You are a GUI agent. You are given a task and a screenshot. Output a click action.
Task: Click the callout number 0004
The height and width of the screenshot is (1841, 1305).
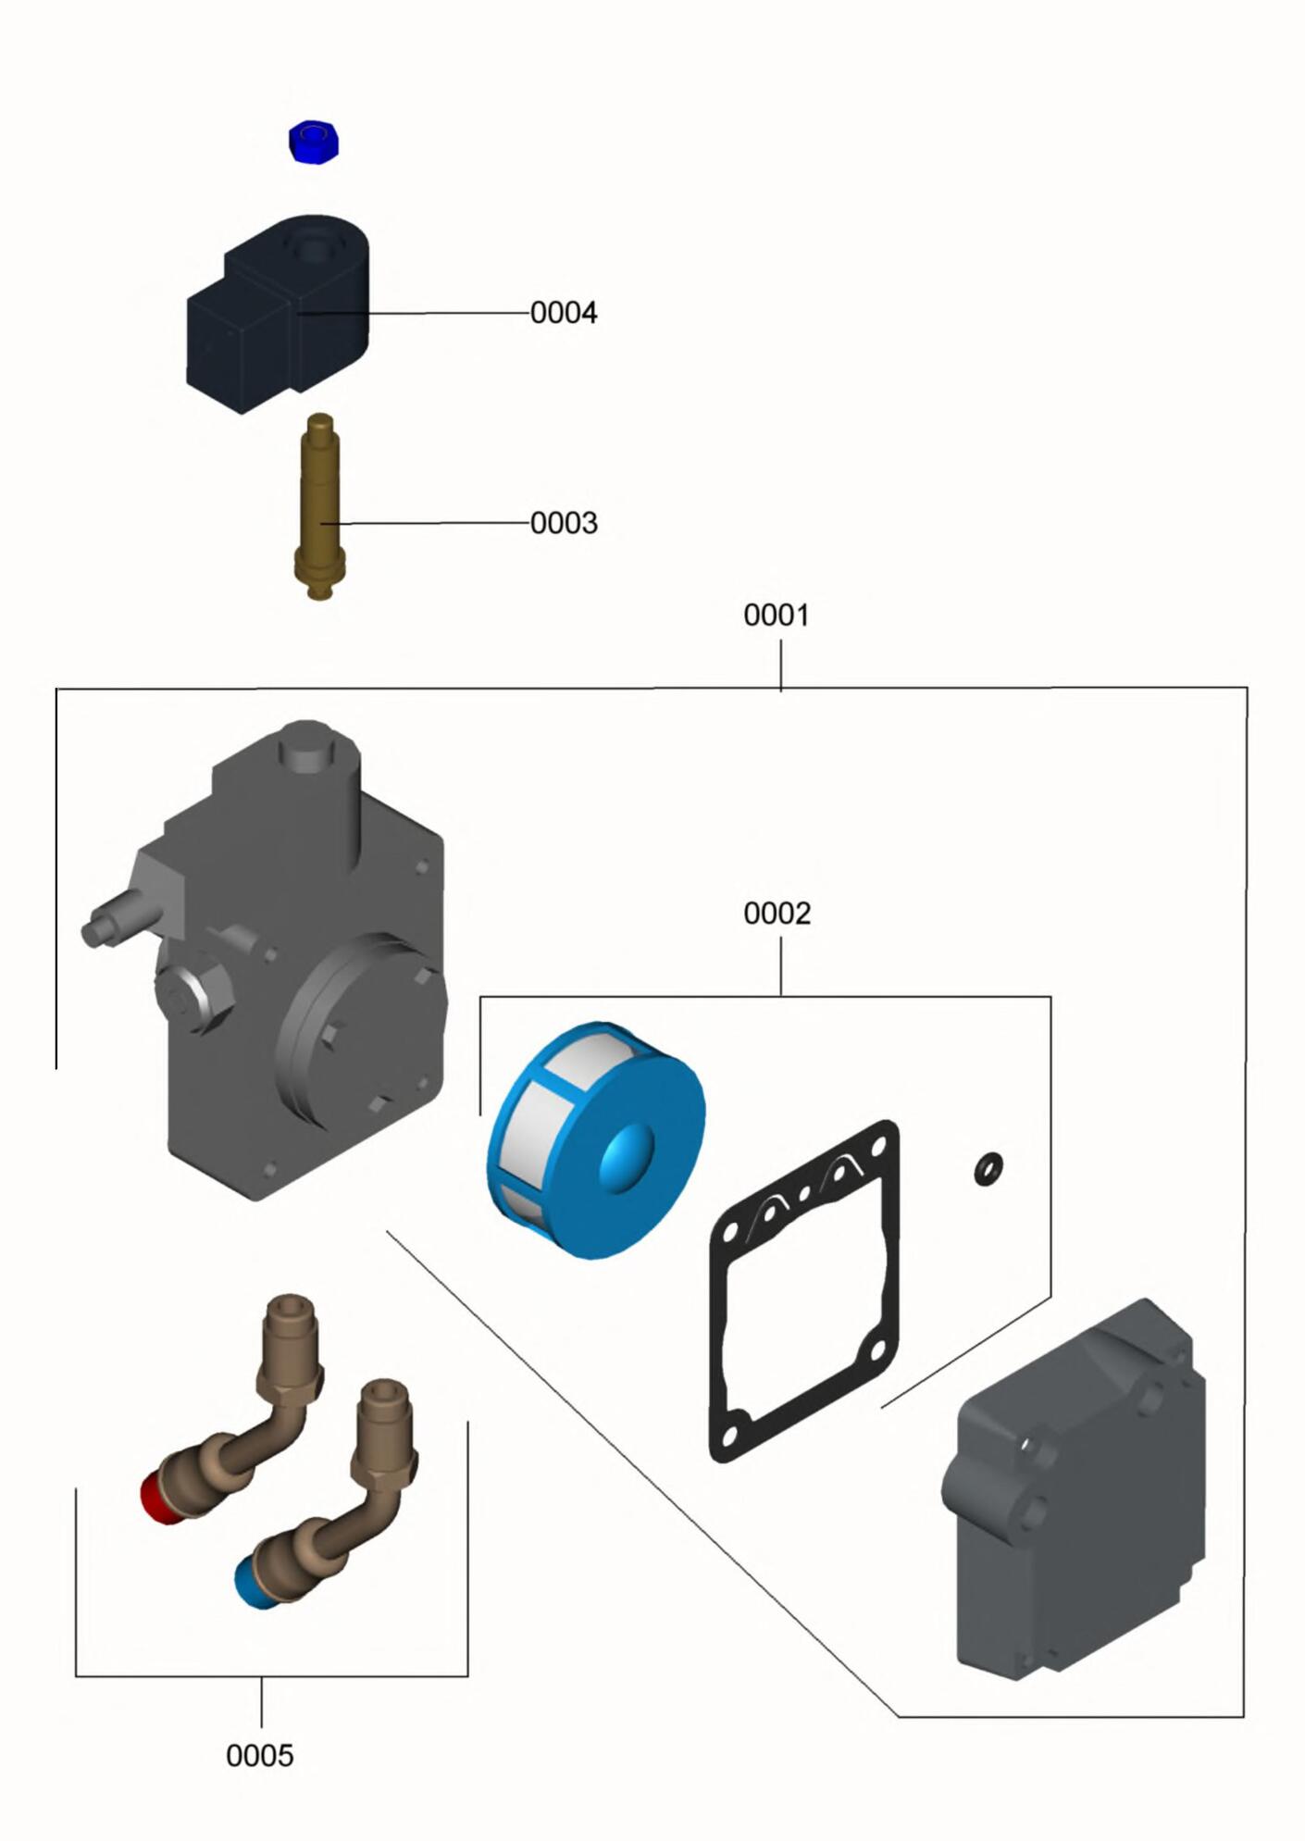(x=564, y=313)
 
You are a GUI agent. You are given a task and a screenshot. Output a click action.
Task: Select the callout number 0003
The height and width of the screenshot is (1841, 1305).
(x=564, y=523)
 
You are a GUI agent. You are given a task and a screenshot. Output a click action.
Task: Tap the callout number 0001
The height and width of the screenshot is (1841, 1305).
(x=776, y=616)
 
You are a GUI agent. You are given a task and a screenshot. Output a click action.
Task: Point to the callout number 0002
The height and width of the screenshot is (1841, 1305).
(x=777, y=914)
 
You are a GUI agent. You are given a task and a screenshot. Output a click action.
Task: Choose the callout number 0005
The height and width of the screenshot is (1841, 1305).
(x=259, y=1756)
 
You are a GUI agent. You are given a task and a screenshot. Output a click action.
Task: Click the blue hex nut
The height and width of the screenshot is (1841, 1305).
(x=314, y=142)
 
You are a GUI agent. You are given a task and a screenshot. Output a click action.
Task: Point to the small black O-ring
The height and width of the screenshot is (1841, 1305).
(x=988, y=1169)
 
